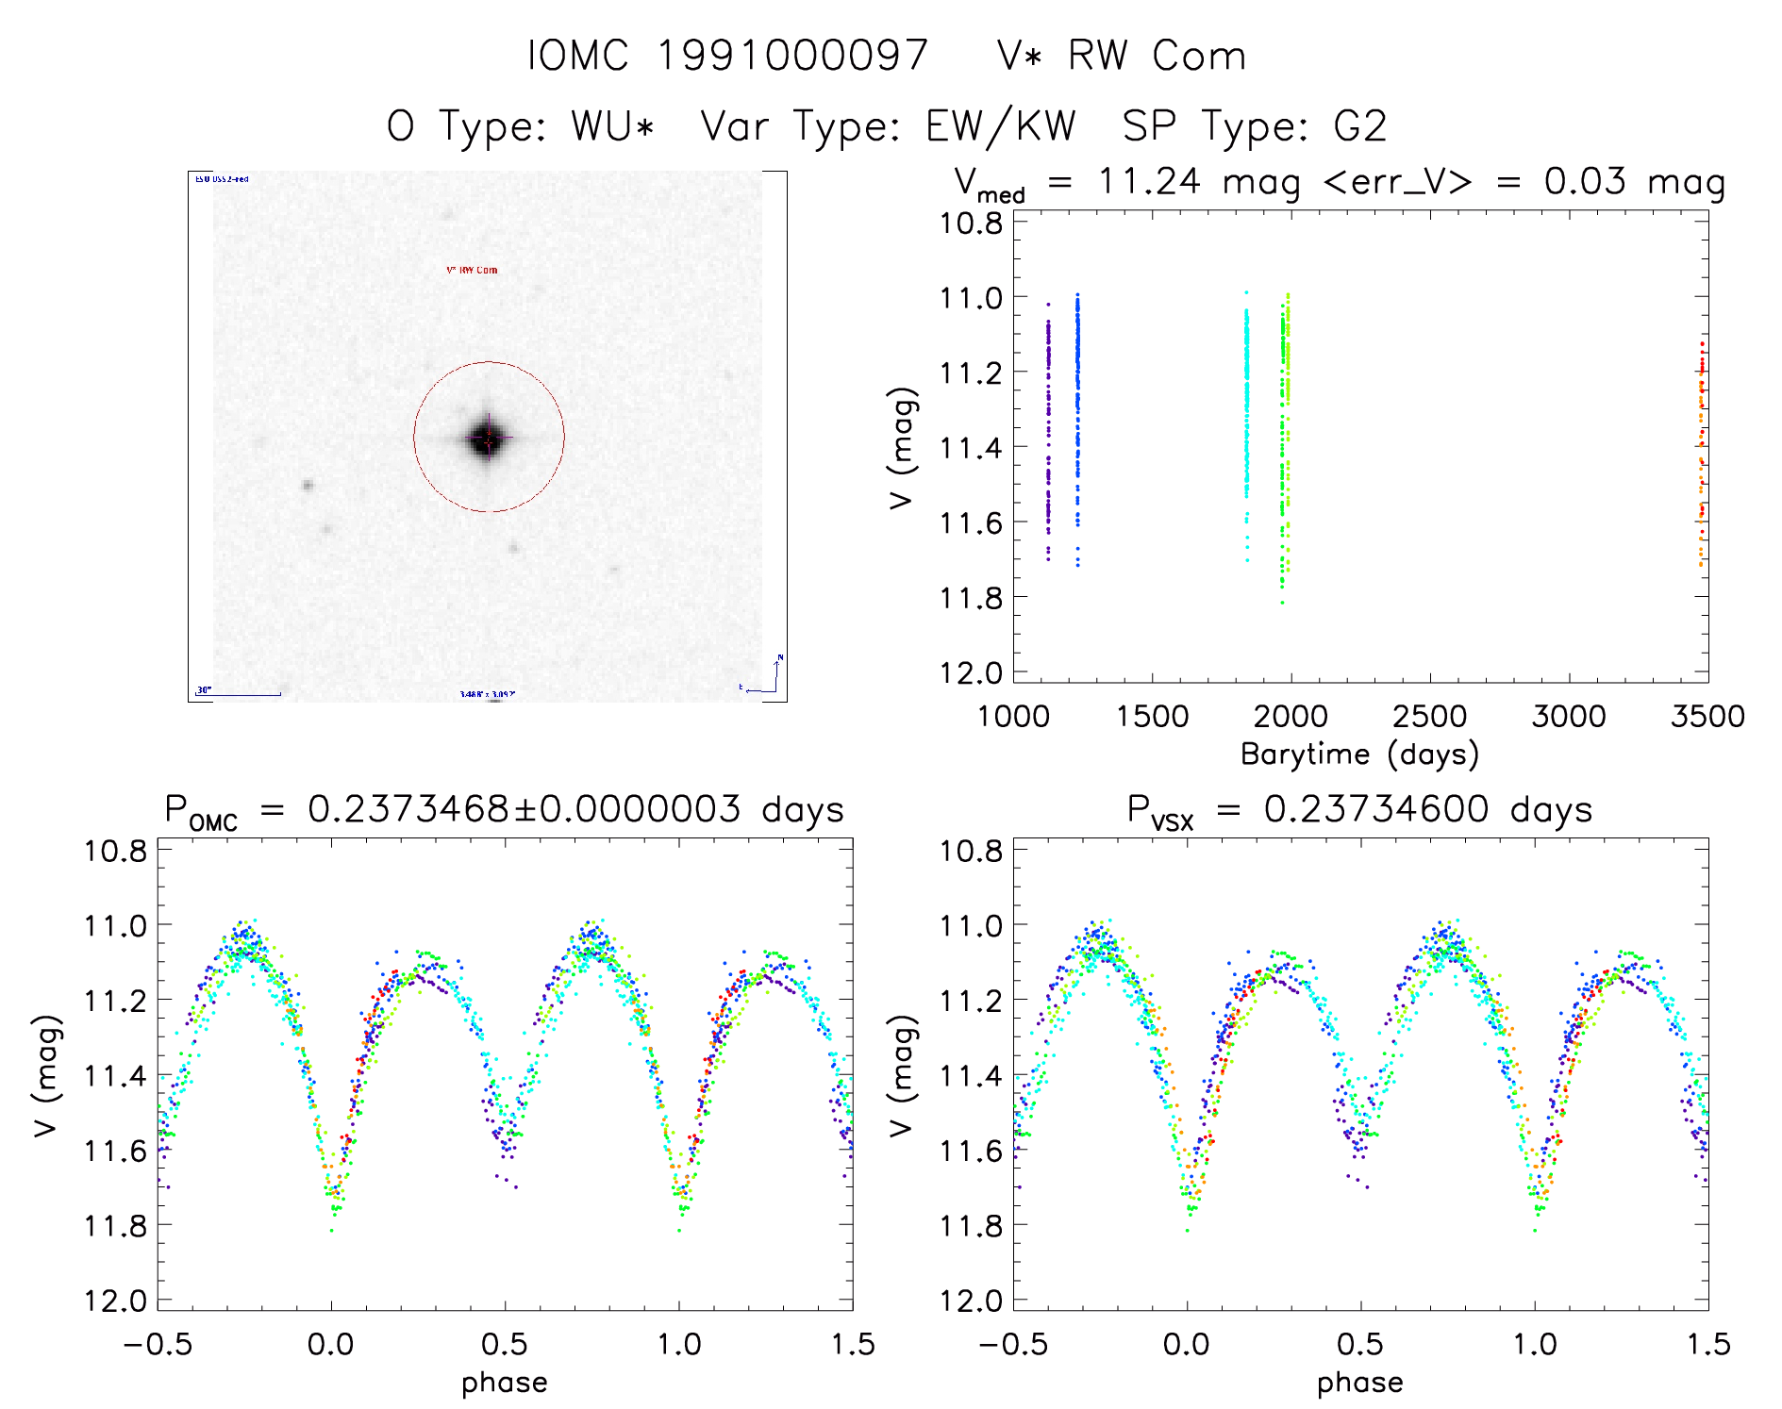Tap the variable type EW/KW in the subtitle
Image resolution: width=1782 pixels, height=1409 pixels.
coord(1000,126)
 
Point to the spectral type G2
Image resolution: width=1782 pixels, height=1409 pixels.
coord(1359,126)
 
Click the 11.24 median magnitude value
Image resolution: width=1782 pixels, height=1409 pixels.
coord(1149,181)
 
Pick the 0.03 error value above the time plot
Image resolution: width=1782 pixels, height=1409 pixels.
coord(1585,181)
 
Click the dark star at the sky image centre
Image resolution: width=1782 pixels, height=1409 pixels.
coord(488,438)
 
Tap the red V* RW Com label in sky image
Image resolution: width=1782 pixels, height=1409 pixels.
coord(472,270)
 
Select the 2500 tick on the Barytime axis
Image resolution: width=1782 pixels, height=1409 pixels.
coord(1429,717)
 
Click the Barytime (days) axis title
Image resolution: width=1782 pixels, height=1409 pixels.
coord(1359,754)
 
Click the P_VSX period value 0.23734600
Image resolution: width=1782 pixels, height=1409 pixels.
coord(1376,810)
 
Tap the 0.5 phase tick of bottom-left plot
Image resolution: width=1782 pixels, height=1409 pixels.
coord(505,1344)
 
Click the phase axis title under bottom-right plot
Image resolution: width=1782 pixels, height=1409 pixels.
coord(1359,1383)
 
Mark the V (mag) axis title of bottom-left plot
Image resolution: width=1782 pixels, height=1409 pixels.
coord(47,1075)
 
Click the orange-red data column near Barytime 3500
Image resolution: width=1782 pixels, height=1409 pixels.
coord(1701,453)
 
